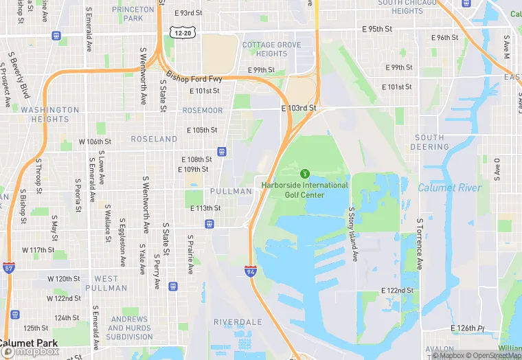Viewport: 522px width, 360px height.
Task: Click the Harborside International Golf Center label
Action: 305,190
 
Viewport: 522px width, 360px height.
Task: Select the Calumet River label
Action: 450,188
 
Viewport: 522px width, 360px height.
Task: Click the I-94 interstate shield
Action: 251,271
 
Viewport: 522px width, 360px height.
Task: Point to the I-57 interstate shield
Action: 8,267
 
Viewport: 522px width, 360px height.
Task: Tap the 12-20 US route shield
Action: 183,32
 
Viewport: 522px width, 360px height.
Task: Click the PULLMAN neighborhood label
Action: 231,191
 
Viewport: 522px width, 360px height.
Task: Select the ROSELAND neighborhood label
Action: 155,139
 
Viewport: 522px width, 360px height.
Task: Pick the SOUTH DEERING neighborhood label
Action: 430,142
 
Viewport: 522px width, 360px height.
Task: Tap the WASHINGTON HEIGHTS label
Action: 50,114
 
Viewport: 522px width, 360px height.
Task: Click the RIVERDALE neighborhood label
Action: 238,322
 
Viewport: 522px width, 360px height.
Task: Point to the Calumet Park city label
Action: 29,343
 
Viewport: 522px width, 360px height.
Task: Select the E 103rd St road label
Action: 299,109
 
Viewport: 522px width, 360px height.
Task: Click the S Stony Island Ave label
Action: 353,234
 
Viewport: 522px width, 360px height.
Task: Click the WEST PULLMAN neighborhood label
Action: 111,283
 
